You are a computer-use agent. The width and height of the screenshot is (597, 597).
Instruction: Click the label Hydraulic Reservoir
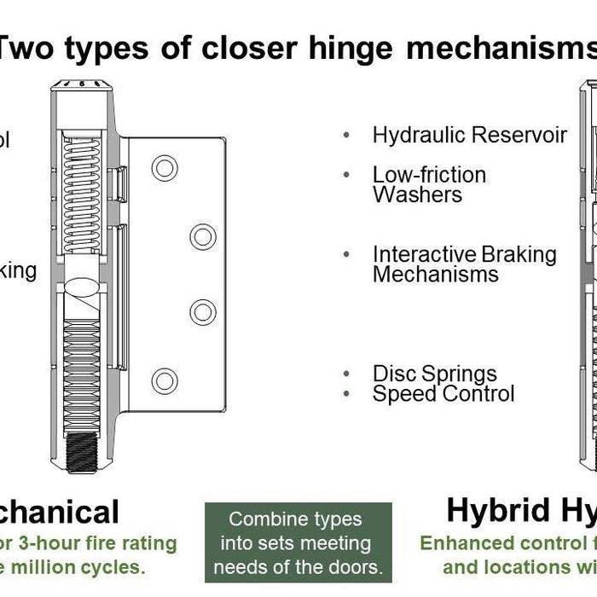point(469,135)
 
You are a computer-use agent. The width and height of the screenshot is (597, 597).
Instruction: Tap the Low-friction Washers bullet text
point(429,184)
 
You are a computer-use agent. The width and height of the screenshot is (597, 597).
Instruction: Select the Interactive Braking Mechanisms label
point(464,264)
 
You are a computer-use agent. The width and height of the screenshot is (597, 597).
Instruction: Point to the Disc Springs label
point(434,374)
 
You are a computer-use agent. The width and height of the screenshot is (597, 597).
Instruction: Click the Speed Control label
point(443,393)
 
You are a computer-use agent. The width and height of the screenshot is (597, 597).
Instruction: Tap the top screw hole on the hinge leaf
point(165,167)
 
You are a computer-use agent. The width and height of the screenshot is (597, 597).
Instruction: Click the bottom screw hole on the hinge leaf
point(165,380)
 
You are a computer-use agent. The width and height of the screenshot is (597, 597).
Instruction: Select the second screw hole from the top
point(202,236)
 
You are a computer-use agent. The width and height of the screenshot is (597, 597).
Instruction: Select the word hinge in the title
point(352,49)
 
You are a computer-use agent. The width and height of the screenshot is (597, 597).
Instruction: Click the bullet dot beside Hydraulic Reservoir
point(346,136)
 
